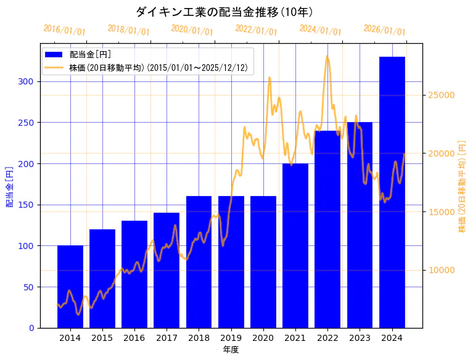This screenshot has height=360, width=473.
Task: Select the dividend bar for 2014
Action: [x=70, y=287]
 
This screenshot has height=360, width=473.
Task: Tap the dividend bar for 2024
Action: [x=392, y=192]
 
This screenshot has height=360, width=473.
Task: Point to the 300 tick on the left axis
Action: [x=27, y=81]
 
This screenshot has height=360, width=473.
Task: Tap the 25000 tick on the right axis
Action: [x=442, y=95]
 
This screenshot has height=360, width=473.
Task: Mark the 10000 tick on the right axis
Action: [x=442, y=270]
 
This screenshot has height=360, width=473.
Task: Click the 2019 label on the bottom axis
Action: [x=231, y=338]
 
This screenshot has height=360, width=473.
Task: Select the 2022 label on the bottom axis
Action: [x=327, y=338]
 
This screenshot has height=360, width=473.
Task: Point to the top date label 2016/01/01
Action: [x=65, y=30]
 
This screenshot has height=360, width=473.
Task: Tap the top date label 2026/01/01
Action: [x=384, y=30]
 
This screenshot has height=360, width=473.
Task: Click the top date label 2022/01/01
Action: [x=256, y=30]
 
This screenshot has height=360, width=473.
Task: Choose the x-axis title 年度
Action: [x=231, y=350]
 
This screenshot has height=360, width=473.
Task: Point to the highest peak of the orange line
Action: [x=327, y=57]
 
